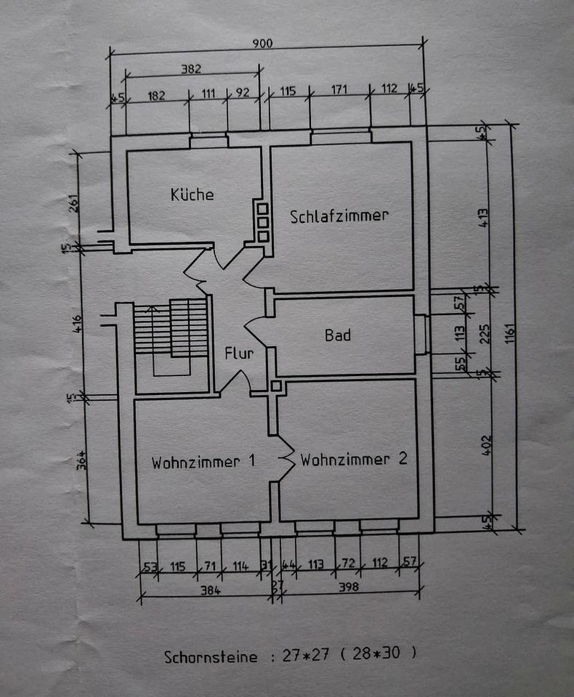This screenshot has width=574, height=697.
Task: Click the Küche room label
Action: pos(192,195)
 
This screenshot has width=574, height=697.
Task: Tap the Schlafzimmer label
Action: pos(339,216)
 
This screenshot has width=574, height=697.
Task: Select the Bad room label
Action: pos(338,335)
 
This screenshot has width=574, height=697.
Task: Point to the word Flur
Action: pos(239,354)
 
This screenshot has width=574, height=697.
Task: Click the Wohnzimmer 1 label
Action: pos(203,462)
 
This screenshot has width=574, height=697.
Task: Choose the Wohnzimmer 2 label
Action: pos(353,459)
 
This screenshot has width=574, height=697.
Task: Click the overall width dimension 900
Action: pos(262,44)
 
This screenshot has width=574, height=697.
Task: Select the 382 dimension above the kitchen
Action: pos(190,70)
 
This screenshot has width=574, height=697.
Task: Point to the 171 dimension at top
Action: pos(339,90)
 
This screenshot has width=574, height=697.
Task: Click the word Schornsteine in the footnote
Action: pos(210,658)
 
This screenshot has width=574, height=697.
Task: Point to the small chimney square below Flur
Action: pos(275,386)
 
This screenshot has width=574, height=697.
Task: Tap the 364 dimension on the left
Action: pos(83,460)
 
